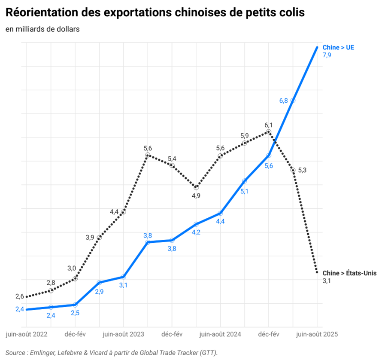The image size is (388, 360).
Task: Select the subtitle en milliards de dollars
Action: [x=42, y=29]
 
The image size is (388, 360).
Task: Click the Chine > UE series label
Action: [x=338, y=47]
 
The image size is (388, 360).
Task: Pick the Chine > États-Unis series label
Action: [x=349, y=273]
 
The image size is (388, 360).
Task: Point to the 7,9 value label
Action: [x=327, y=55]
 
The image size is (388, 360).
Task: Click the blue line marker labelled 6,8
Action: [x=293, y=101]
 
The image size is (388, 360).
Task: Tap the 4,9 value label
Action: [x=196, y=196]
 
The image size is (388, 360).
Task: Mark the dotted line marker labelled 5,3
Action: [x=293, y=170]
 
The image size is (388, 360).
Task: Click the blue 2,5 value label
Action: [x=75, y=313]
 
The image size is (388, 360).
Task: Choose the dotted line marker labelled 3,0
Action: [x=75, y=279]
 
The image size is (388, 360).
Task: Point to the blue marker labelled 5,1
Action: [x=244, y=181]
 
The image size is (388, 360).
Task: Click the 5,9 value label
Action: [x=245, y=136]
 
